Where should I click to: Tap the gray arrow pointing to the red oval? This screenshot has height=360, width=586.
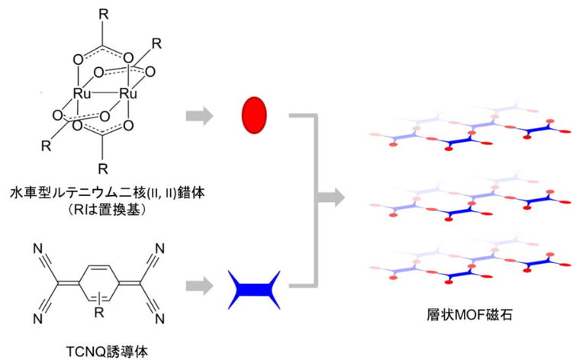(200, 116)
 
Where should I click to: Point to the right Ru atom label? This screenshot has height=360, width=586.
(127, 93)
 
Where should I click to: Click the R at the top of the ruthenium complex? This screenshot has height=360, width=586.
(102, 13)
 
